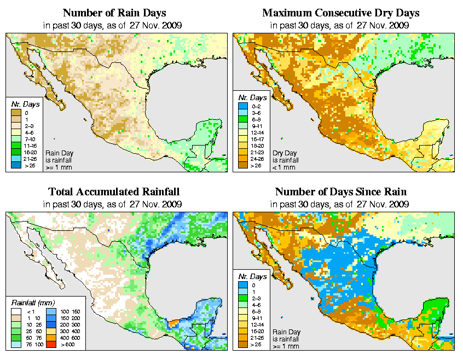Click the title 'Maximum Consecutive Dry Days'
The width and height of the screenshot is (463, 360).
point(341,13)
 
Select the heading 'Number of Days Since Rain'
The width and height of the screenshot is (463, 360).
point(341,192)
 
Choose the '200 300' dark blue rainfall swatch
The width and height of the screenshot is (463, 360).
point(51,324)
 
